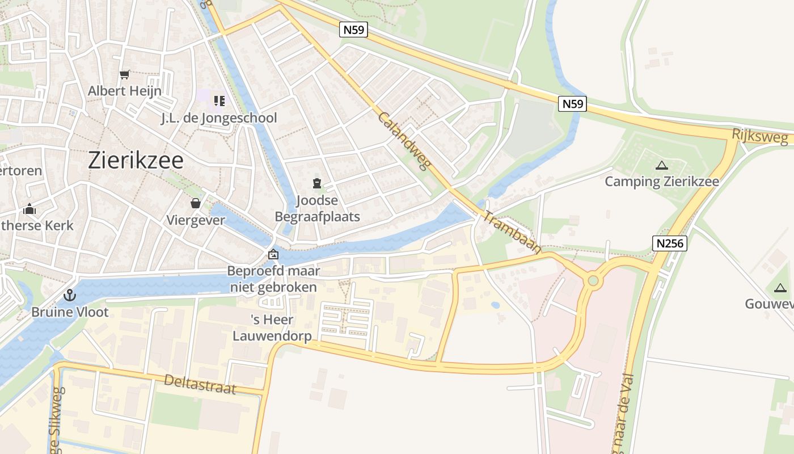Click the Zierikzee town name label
(x=136, y=161)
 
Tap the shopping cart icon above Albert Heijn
(x=125, y=74)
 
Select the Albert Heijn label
(x=125, y=91)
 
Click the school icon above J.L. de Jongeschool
(x=219, y=101)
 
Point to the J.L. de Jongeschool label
(x=219, y=118)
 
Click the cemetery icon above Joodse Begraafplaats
(x=317, y=183)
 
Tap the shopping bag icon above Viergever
(x=196, y=203)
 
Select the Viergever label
(x=196, y=220)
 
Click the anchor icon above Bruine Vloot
(x=69, y=295)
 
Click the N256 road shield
(x=670, y=243)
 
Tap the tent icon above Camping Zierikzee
(x=661, y=166)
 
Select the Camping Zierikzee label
(x=662, y=182)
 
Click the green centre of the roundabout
(x=593, y=280)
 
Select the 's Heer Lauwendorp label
(x=272, y=327)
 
